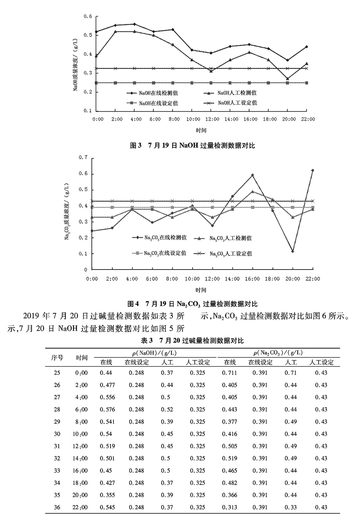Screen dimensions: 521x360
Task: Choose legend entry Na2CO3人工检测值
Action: pyautogui.click(x=230, y=238)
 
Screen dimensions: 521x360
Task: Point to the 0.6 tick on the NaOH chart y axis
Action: pyautogui.click(x=88, y=16)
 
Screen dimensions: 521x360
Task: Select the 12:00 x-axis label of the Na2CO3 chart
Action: pyautogui.click(x=212, y=279)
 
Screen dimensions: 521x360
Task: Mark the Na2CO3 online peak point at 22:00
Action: pyautogui.click(x=312, y=170)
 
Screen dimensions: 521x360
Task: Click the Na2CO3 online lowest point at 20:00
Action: pyautogui.click(x=293, y=251)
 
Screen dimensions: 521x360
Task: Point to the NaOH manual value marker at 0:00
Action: pyautogui.click(x=96, y=56)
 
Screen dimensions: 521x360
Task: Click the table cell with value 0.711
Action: pyautogui.click(x=230, y=373)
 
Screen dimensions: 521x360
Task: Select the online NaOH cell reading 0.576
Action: pyautogui.click(x=107, y=410)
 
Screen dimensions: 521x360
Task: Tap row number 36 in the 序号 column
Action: pyautogui.click(x=57, y=508)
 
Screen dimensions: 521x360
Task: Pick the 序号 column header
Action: pyautogui.click(x=57, y=358)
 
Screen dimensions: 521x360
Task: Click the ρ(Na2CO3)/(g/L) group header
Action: pyautogui.click(x=278, y=353)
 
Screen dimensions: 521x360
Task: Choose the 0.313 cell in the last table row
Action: pyautogui.click(x=230, y=508)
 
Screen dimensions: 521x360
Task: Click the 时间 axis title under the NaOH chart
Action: pyautogui.click(x=201, y=130)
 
